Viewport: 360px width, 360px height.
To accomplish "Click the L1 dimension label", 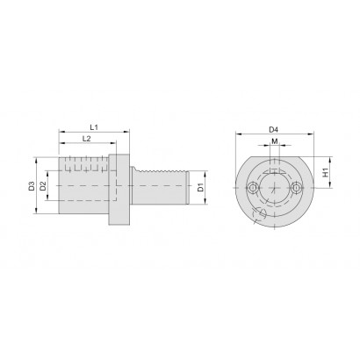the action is (x=94, y=127).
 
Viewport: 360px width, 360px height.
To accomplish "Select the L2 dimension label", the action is (x=86, y=139).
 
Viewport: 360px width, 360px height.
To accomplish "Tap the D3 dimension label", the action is (x=32, y=186).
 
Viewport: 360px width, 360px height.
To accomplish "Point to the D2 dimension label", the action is (x=43, y=186).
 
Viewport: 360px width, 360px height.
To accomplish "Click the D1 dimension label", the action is (x=200, y=187).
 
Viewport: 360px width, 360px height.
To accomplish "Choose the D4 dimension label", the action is (x=274, y=129).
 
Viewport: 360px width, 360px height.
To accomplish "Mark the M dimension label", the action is (x=275, y=141).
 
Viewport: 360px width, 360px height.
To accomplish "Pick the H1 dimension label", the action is (x=325, y=172).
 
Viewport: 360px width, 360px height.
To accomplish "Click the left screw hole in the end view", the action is (x=252, y=188).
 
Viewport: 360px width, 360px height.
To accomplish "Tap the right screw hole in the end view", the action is (x=296, y=188).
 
